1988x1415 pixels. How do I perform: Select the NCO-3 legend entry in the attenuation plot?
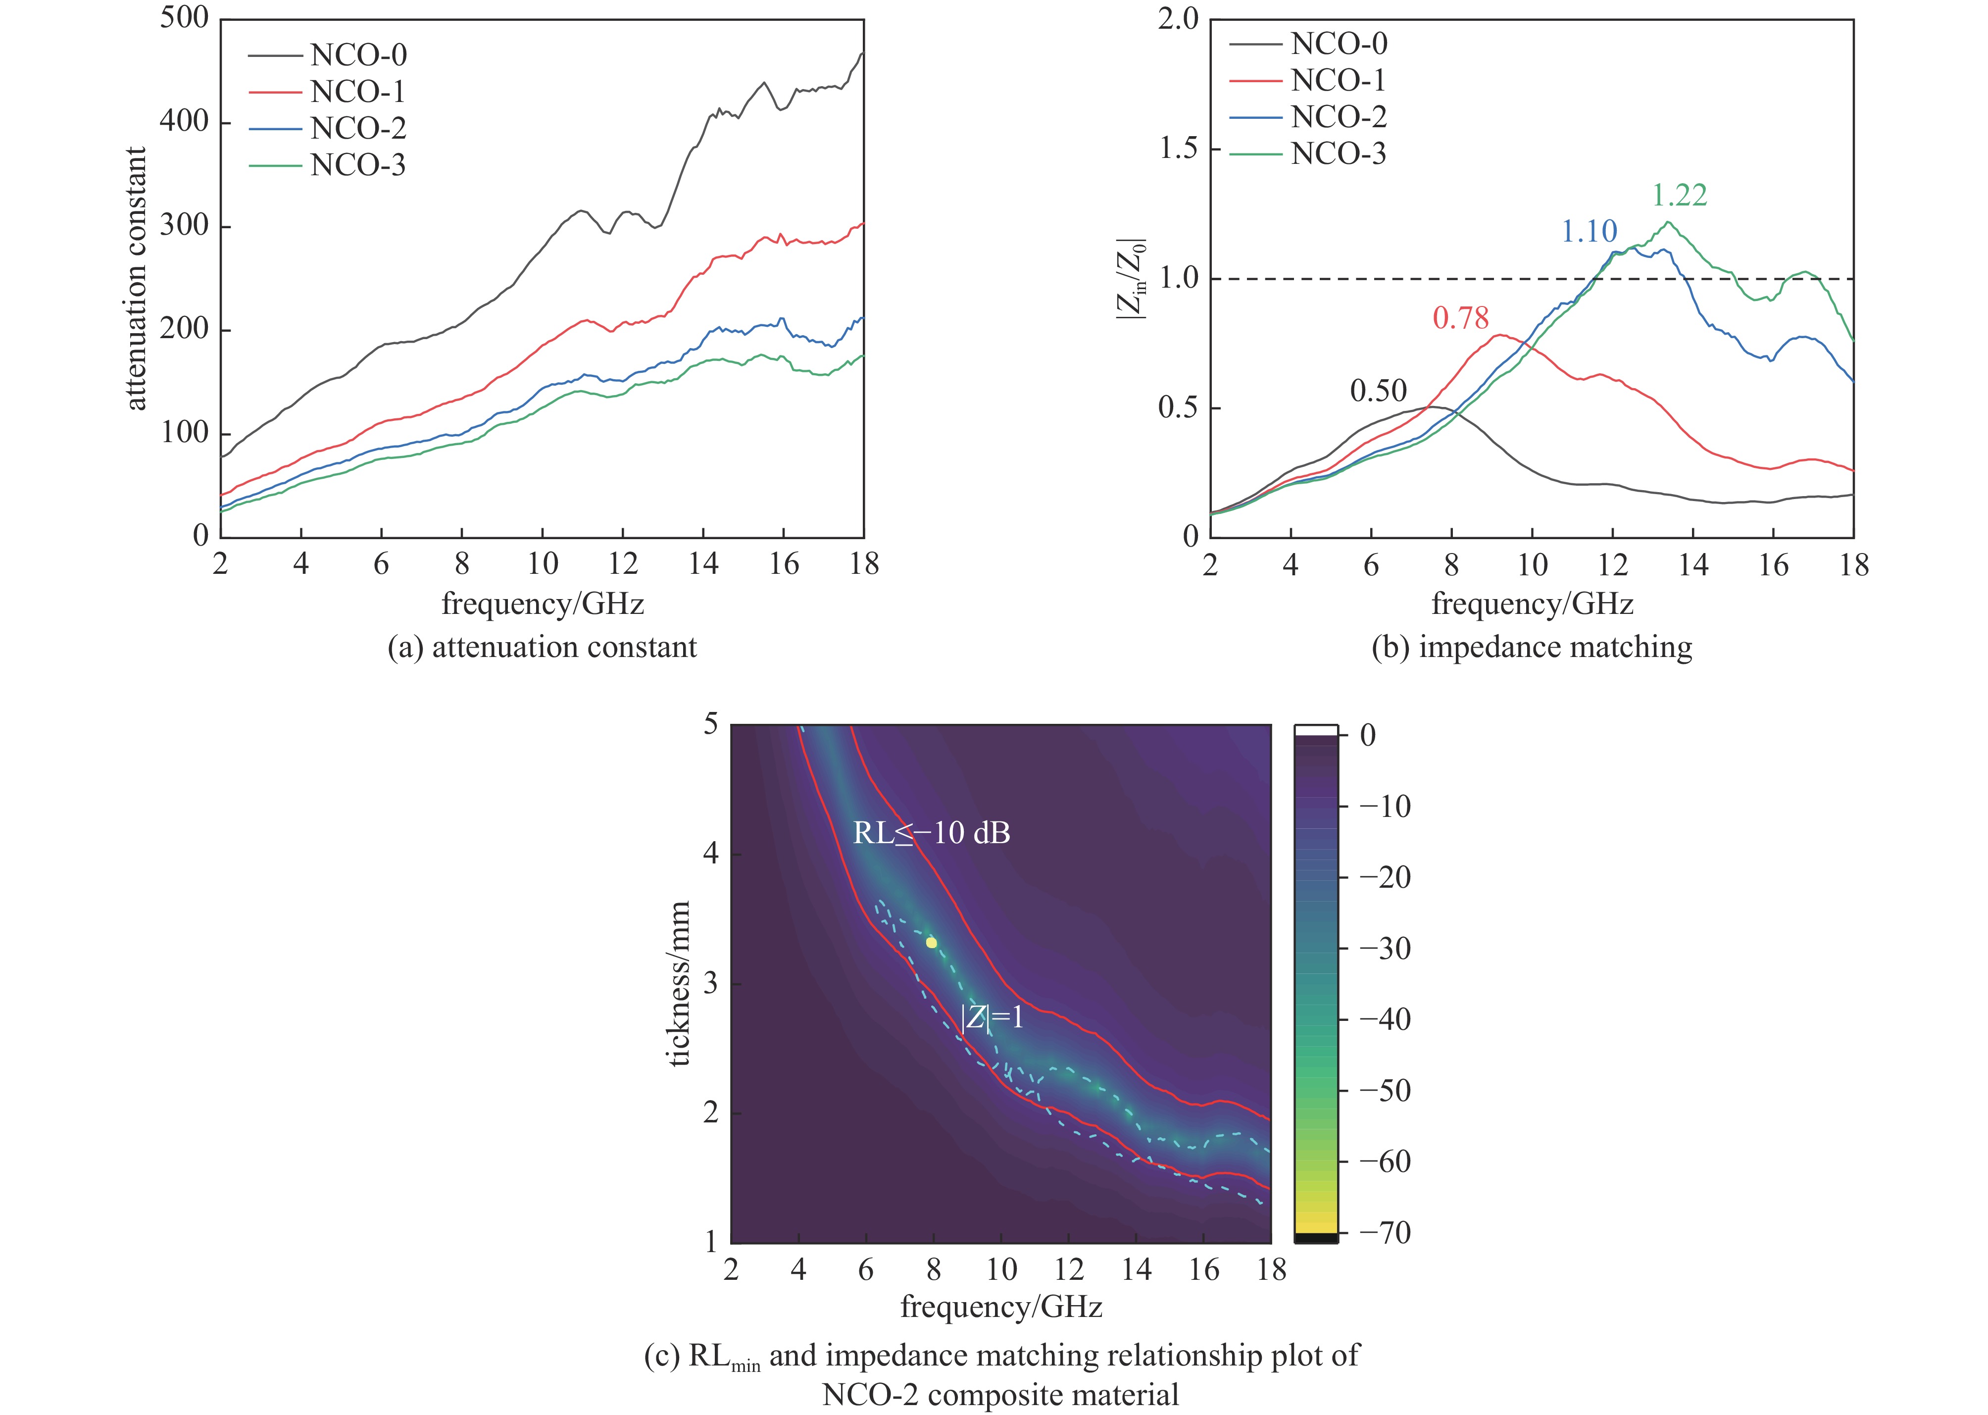pyautogui.click(x=358, y=165)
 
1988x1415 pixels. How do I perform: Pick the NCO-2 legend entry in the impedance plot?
pyautogui.click(x=1338, y=117)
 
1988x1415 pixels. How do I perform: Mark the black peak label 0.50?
pyautogui.click(x=1378, y=391)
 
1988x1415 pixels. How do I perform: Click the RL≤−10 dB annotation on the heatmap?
pyautogui.click(x=931, y=834)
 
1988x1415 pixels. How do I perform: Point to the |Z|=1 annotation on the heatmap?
pyautogui.click(x=992, y=1018)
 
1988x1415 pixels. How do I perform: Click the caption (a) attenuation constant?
pyautogui.click(x=542, y=648)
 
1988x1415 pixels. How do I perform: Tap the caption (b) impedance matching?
pyautogui.click(x=1532, y=648)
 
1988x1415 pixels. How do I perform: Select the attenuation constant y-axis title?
pyautogui.click(x=137, y=279)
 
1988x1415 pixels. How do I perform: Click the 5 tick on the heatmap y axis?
pyautogui.click(x=711, y=725)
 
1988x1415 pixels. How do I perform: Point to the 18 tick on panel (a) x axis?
pyautogui.click(x=863, y=564)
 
